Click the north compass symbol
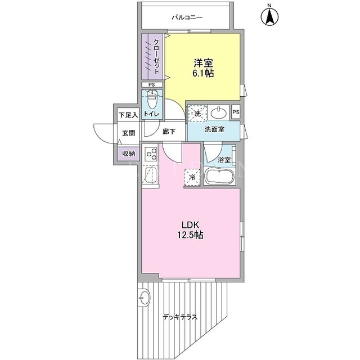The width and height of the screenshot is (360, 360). (269, 16)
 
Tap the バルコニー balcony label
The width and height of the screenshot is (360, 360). (187, 17)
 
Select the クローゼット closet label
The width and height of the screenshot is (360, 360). (156, 57)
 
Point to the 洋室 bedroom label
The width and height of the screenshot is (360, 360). (204, 62)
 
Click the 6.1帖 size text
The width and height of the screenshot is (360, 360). (203, 73)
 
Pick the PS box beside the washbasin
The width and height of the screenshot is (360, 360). (236, 112)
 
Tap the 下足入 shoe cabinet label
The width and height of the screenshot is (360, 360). (128, 115)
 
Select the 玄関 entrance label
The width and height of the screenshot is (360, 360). (128, 133)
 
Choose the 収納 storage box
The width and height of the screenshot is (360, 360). (128, 154)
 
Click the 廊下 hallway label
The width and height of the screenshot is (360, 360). (169, 132)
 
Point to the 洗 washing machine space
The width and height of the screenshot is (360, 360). (197, 114)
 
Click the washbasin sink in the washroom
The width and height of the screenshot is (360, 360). (219, 112)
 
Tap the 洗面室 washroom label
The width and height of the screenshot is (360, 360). (214, 129)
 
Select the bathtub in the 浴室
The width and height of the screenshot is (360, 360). (219, 176)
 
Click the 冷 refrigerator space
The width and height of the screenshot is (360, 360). (193, 177)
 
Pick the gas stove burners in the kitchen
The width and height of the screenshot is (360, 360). (151, 154)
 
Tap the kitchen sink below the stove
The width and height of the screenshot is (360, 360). (150, 175)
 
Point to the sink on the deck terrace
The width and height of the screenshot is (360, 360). (145, 298)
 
